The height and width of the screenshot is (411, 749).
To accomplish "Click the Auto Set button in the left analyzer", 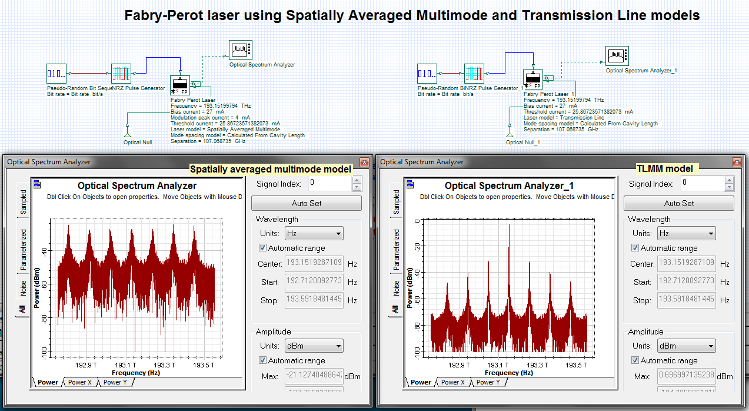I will click(306, 203).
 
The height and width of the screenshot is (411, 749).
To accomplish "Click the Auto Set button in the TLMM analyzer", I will click(678, 203).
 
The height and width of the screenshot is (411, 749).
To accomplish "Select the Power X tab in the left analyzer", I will click(80, 382).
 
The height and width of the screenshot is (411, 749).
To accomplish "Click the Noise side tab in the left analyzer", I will click(24, 288).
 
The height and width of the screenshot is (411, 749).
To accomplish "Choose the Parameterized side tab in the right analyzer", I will click(396, 249).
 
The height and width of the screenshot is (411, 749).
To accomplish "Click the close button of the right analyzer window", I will click(736, 162).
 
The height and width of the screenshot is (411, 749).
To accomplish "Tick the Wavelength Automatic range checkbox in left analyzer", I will click(262, 248).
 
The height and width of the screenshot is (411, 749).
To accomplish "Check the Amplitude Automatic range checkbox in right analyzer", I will click(635, 360).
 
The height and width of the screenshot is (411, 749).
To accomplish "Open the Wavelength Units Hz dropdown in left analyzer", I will click(314, 234).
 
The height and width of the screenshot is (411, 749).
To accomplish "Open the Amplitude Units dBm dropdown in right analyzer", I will click(686, 346).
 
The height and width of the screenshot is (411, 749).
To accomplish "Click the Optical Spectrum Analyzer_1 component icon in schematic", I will click(617, 57).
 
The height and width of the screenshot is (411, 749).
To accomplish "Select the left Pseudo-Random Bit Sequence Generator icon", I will click(56, 74).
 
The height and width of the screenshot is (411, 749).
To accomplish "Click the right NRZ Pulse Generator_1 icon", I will click(474, 74).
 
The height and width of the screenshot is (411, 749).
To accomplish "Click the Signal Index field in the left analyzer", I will click(331, 183).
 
